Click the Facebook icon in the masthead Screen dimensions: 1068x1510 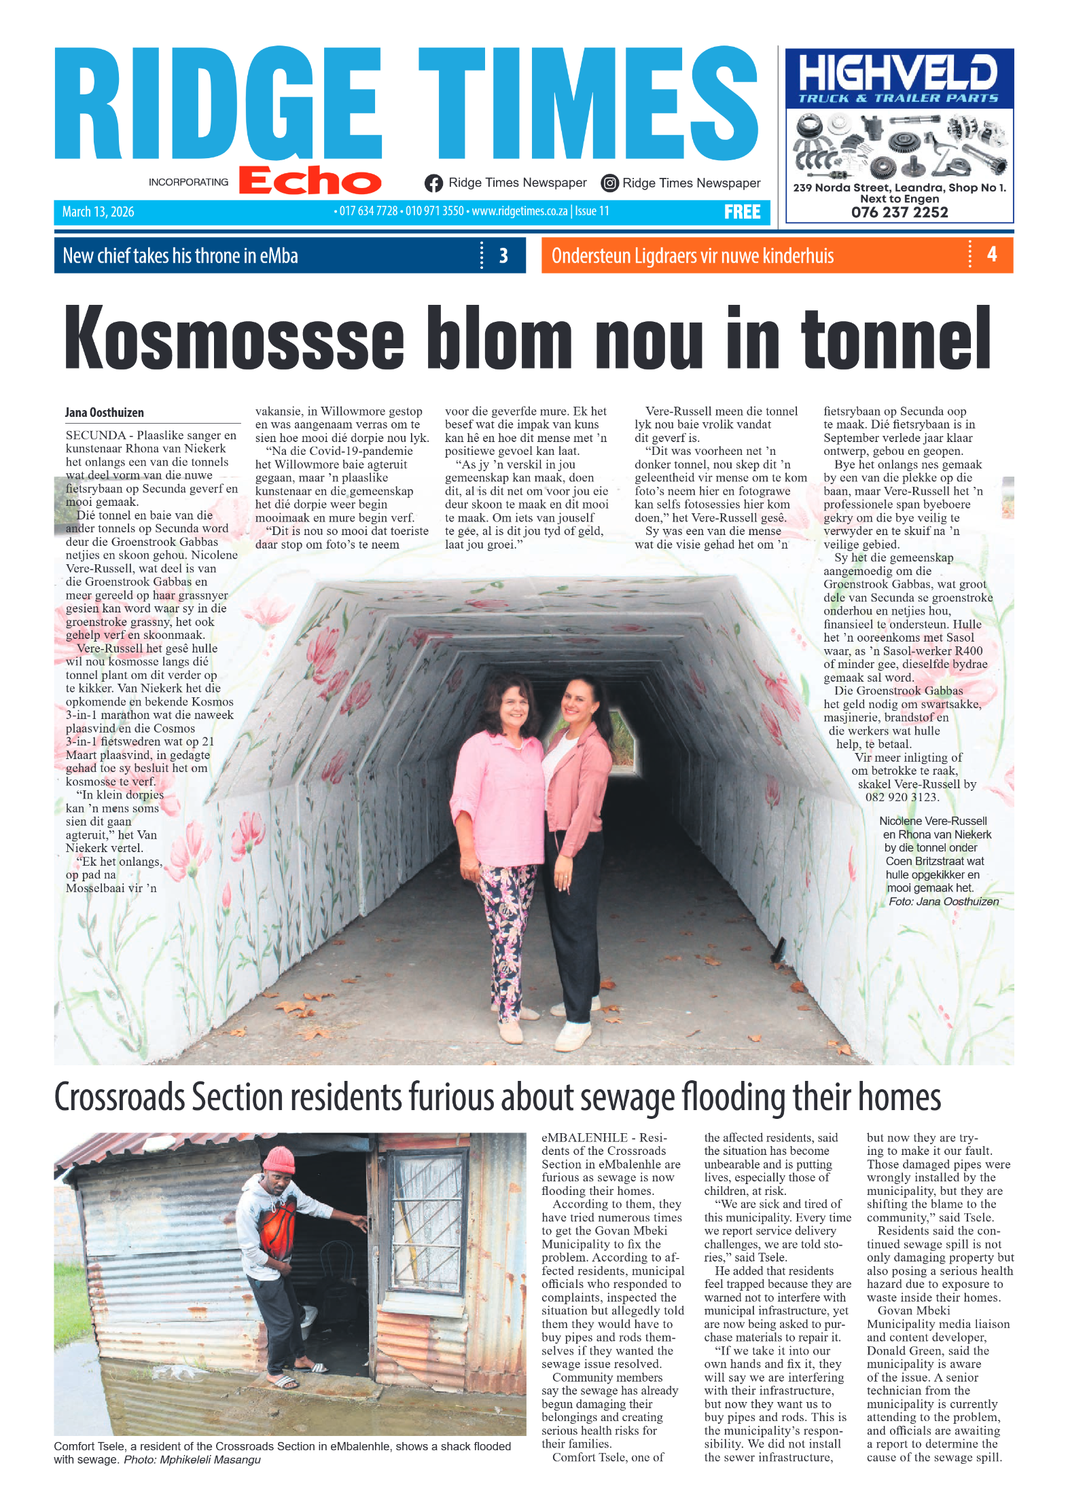(x=433, y=183)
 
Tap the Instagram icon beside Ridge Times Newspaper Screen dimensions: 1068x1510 (x=609, y=183)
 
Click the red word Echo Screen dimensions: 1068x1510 (x=310, y=181)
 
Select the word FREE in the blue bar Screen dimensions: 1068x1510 (x=742, y=213)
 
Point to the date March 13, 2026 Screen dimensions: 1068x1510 (x=98, y=212)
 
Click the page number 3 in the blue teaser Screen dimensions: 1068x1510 (x=503, y=256)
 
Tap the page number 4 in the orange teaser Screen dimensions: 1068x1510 (x=992, y=255)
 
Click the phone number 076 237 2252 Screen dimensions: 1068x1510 (x=899, y=213)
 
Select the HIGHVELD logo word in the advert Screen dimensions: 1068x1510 (x=898, y=73)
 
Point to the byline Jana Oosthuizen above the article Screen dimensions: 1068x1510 (x=105, y=413)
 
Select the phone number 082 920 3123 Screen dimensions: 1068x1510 (x=902, y=797)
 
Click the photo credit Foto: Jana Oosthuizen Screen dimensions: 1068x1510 (x=943, y=902)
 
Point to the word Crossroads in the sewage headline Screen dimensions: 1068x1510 (x=120, y=1097)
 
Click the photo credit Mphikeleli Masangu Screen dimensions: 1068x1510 (x=210, y=1460)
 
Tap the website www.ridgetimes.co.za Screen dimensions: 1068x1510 (x=519, y=211)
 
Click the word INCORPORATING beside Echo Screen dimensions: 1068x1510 (x=188, y=182)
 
